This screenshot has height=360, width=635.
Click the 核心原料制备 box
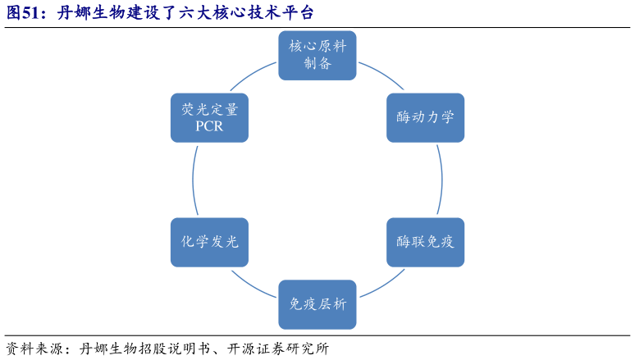click(x=317, y=55)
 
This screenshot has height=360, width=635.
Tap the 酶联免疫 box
click(x=425, y=242)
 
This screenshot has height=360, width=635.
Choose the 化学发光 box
click(x=209, y=242)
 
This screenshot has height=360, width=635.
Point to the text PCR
click(x=209, y=126)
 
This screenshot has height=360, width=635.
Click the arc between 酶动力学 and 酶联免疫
click(x=442, y=180)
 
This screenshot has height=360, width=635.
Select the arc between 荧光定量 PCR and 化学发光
click(x=193, y=180)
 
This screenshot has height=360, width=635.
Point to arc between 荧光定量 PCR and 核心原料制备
click(x=254, y=75)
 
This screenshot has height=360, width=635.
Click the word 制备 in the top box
click(x=317, y=63)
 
